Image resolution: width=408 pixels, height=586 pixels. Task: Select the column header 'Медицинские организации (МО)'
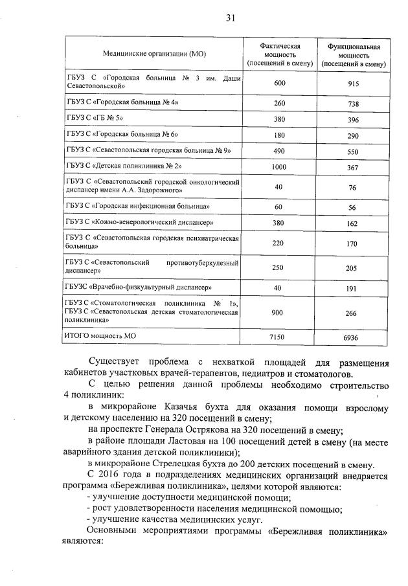pyautogui.click(x=153, y=54)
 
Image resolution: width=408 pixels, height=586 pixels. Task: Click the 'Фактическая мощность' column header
pyautogui.click(x=279, y=54)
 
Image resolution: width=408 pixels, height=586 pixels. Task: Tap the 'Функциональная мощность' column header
pyautogui.click(x=353, y=54)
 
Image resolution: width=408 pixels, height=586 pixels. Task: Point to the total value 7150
pyautogui.click(x=279, y=337)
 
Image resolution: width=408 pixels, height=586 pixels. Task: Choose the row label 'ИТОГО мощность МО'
pyautogui.click(x=100, y=336)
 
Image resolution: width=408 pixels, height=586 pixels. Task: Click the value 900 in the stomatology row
pyautogui.click(x=279, y=312)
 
